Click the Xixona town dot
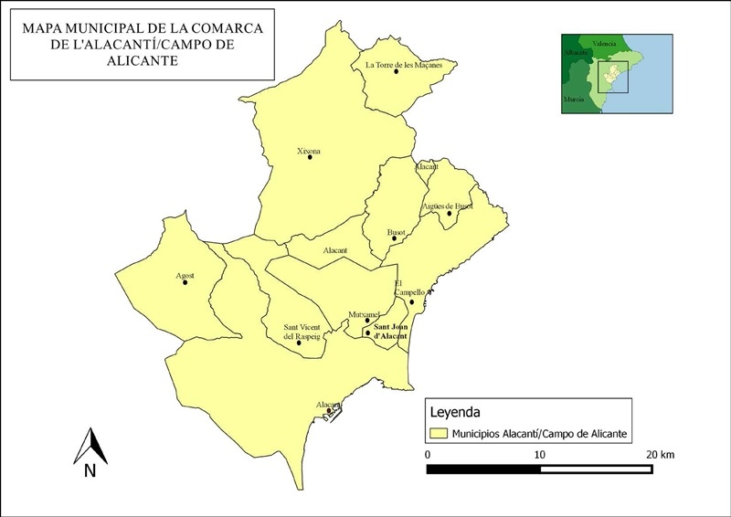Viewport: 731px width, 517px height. point(311,157)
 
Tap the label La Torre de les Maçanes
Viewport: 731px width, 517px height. point(397,65)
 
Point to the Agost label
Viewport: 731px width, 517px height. point(185,274)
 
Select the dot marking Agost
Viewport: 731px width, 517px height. point(185,282)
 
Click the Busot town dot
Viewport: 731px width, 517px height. point(397,241)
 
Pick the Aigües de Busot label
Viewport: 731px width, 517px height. point(447,206)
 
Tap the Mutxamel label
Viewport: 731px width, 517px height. point(364,313)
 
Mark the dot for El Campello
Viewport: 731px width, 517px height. point(412,302)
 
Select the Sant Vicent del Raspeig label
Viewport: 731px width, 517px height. point(302,331)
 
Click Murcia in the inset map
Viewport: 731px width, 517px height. point(574,97)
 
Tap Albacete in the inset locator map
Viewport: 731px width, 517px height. point(576,53)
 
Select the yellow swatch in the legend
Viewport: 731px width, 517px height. point(440,433)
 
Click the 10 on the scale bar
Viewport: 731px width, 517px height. point(539,454)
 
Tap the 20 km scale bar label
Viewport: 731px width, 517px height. point(659,454)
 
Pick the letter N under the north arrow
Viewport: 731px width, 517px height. point(90,470)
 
